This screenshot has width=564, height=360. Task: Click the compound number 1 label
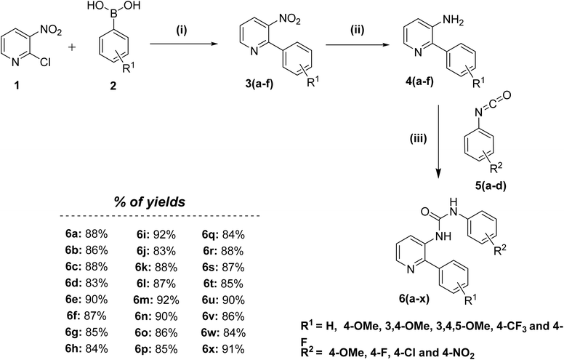16,86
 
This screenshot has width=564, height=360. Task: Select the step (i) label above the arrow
182,31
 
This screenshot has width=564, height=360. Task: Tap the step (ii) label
357,31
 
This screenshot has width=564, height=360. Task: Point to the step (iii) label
419,139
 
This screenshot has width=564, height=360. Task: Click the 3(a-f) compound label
259,85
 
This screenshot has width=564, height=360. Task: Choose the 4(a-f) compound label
419,81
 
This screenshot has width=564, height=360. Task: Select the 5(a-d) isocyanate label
490,187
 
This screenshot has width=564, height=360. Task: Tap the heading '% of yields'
150,202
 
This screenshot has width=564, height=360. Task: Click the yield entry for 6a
86,234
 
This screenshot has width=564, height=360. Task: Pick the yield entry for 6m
157,300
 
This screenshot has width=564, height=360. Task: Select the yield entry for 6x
223,349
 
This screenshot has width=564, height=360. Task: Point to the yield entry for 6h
86,349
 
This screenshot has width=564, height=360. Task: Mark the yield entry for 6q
223,234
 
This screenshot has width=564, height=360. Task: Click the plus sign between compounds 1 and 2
72,47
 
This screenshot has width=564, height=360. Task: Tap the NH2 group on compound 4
453,20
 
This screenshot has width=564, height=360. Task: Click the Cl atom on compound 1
45,63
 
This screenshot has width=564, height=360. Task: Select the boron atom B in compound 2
113,16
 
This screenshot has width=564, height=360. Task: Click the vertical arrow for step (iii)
438,142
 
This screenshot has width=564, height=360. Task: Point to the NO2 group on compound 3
289,19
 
